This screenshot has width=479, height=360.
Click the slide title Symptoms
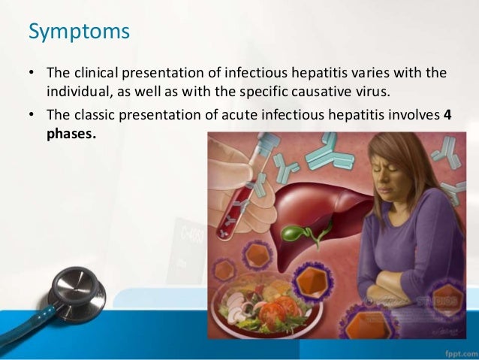pyautogui.click(x=79, y=34)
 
